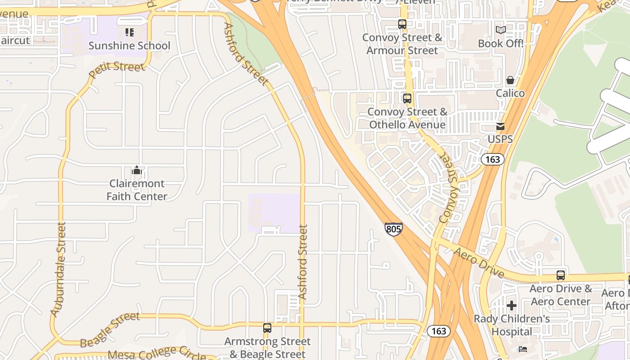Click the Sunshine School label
[129, 45]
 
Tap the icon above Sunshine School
[130, 32]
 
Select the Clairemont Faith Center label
[137, 190]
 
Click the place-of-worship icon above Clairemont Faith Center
[137, 171]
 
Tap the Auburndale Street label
[59, 270]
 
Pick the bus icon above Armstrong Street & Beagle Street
[267, 328]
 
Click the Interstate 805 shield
[393, 229]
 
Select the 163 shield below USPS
[492, 159]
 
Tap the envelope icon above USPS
[500, 126]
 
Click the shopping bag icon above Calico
[510, 81]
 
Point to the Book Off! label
[501, 44]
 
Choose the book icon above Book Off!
[501, 30]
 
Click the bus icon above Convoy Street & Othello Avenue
[407, 98]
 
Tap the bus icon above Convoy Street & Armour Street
[402, 24]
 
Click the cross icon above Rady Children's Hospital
[512, 306]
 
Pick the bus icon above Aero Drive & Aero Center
[561, 275]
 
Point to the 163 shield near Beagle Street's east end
[438, 331]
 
